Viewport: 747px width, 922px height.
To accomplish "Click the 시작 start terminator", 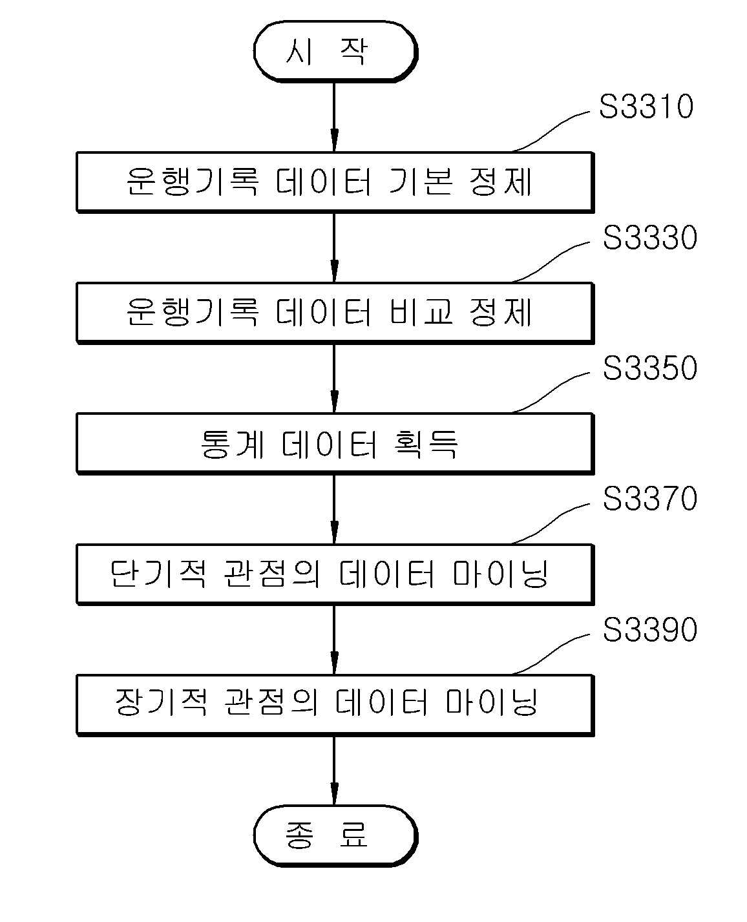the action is point(335,51).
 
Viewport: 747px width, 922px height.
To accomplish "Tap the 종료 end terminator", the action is point(335,835).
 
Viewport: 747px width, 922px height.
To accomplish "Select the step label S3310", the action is point(646,106).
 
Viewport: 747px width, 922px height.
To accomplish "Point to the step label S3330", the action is point(649,237).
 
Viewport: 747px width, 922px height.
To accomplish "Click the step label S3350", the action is point(649,368).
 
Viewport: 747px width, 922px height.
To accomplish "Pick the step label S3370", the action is point(649,499).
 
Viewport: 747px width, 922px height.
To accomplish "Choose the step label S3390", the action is point(649,630).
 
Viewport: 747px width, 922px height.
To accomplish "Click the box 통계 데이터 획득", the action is point(335,444).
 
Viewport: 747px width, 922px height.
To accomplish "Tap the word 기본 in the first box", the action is point(421,182).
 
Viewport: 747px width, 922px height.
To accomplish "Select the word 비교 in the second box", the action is point(421,313).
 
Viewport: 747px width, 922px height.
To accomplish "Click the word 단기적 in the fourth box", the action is point(158,574).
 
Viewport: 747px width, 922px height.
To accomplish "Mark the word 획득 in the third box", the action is point(426,444).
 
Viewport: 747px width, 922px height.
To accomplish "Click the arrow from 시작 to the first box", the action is point(334,117).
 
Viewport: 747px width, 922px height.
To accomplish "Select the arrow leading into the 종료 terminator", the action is point(334,771).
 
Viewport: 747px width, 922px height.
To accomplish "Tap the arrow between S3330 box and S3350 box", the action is point(334,379).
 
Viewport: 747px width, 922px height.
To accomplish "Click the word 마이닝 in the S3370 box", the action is point(501,574).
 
